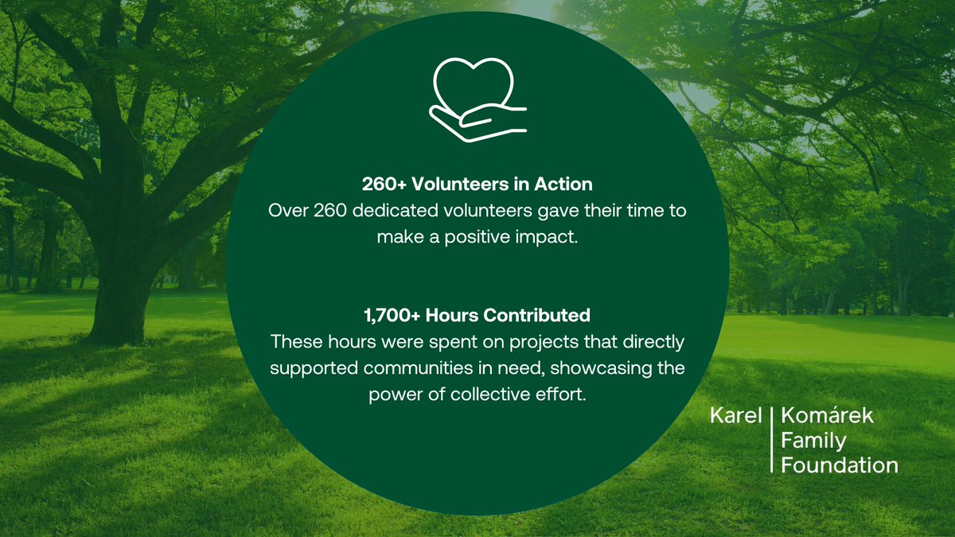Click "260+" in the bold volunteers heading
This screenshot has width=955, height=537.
(x=388, y=185)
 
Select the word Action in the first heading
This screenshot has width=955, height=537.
(x=563, y=185)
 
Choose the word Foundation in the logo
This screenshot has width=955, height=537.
(x=840, y=465)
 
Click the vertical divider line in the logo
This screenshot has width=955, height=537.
(x=772, y=440)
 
